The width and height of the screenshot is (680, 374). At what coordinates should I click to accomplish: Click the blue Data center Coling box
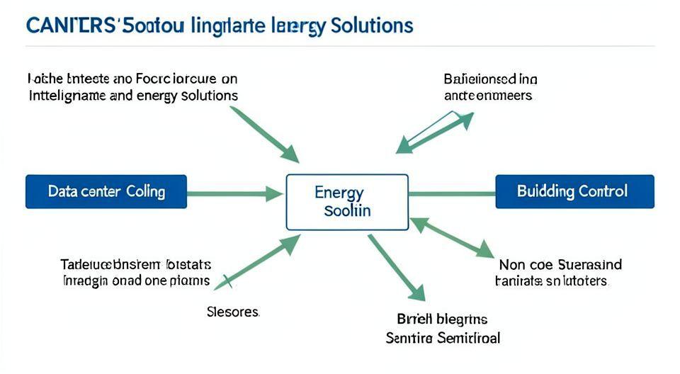pyautogui.click(x=106, y=191)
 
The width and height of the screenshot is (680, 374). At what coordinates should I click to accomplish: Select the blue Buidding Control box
pyautogui.click(x=574, y=191)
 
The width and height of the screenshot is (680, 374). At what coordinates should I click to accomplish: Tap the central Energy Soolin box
pyautogui.click(x=347, y=202)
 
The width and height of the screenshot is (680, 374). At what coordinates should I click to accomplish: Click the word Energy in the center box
pyautogui.click(x=339, y=193)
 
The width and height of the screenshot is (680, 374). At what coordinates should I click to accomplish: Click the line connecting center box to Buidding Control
pyautogui.click(x=452, y=192)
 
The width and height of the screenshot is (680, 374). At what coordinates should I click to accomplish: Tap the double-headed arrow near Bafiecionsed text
pyautogui.click(x=433, y=132)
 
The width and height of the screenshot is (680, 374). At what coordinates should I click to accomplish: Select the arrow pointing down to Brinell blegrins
pyautogui.click(x=396, y=267)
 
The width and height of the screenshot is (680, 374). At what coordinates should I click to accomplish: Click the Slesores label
pyautogui.click(x=232, y=312)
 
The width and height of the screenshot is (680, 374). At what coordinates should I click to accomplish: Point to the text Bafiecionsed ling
pyautogui.click(x=490, y=79)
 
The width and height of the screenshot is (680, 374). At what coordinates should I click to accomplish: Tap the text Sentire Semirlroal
pyautogui.click(x=443, y=338)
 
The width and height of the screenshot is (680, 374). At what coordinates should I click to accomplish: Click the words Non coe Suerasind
pyautogui.click(x=560, y=265)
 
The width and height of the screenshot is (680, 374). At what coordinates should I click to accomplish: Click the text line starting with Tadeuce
pyautogui.click(x=135, y=265)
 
